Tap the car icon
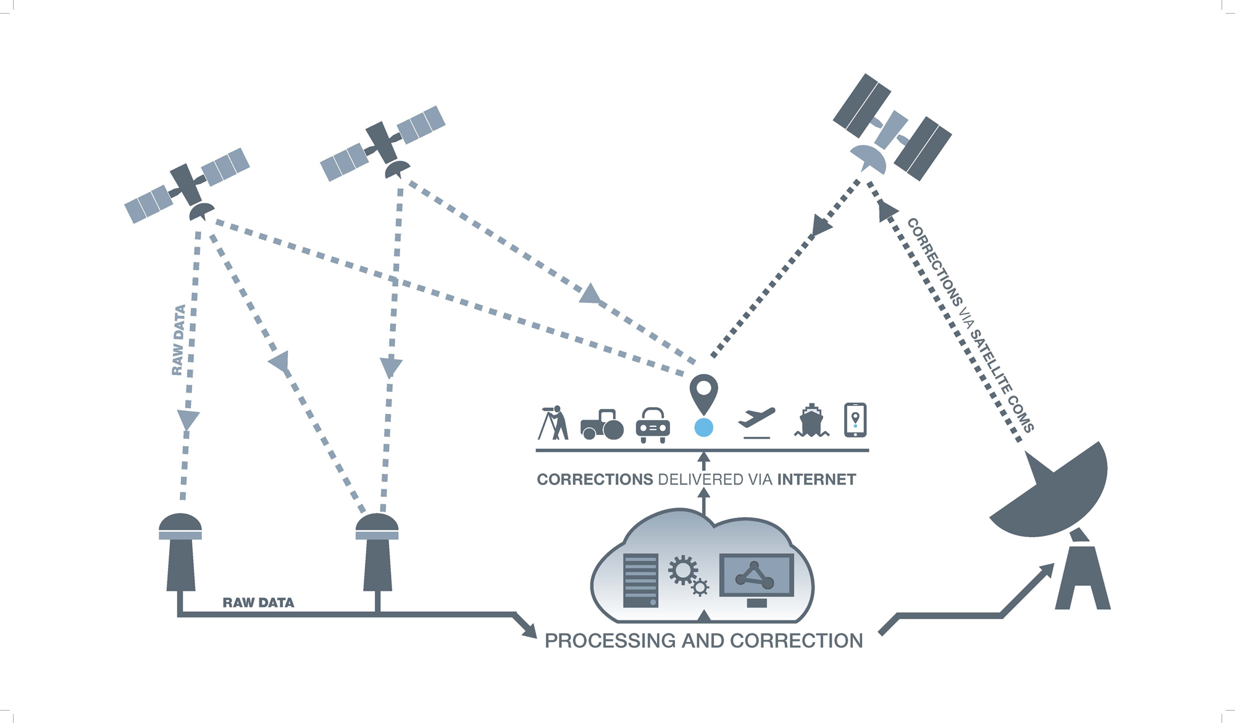pos(653,425)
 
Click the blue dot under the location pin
pos(703,427)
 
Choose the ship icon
pos(811,421)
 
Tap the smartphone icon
pos(855,420)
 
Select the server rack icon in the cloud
pos(641,580)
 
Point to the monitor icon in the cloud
pos(756,580)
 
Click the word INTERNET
pos(816,480)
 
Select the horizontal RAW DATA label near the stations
pos(258,602)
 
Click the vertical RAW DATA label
pos(178,340)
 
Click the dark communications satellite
pos(892,127)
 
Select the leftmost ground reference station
pos(180,552)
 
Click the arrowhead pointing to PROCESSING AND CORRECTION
pos(529,630)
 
